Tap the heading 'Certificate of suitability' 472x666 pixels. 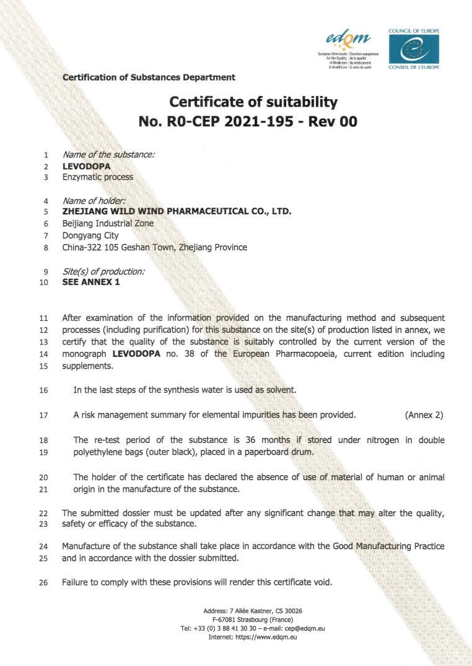coord(253,101)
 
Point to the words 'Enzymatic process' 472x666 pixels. coord(97,177)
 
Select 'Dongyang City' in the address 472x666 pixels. coord(87,235)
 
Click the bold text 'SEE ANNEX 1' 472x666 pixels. coord(91,283)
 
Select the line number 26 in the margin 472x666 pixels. coord(43,582)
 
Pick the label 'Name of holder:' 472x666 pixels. coord(94,201)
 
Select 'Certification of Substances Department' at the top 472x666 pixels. coord(149,77)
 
